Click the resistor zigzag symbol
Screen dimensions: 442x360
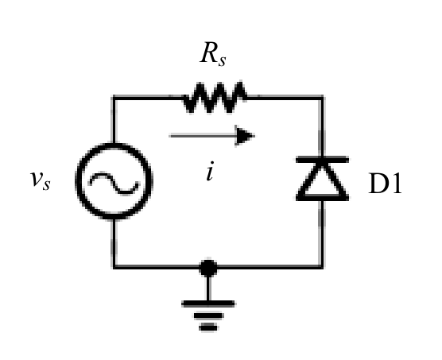[x=215, y=97]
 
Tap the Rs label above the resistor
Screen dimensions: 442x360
[x=213, y=53]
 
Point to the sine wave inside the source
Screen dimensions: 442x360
[x=114, y=184]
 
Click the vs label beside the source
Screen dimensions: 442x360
[x=41, y=180]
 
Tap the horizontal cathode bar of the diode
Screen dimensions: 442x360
[x=322, y=160]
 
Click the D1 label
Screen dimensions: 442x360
[x=385, y=184]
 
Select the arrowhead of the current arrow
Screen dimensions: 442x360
[x=245, y=136]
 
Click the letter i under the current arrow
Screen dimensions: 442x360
[x=210, y=171]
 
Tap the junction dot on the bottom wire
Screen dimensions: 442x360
[x=208, y=268]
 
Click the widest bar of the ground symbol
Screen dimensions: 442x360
[x=208, y=304]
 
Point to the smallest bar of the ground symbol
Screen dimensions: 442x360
[x=208, y=327]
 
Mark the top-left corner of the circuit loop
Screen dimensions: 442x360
[x=114, y=98]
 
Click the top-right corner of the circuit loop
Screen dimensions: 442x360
[x=322, y=98]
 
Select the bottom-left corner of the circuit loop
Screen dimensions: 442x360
[x=114, y=266]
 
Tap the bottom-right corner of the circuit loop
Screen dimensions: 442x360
[x=322, y=266]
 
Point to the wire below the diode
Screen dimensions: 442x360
[x=322, y=234]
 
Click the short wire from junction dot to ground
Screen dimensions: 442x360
[x=208, y=288]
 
